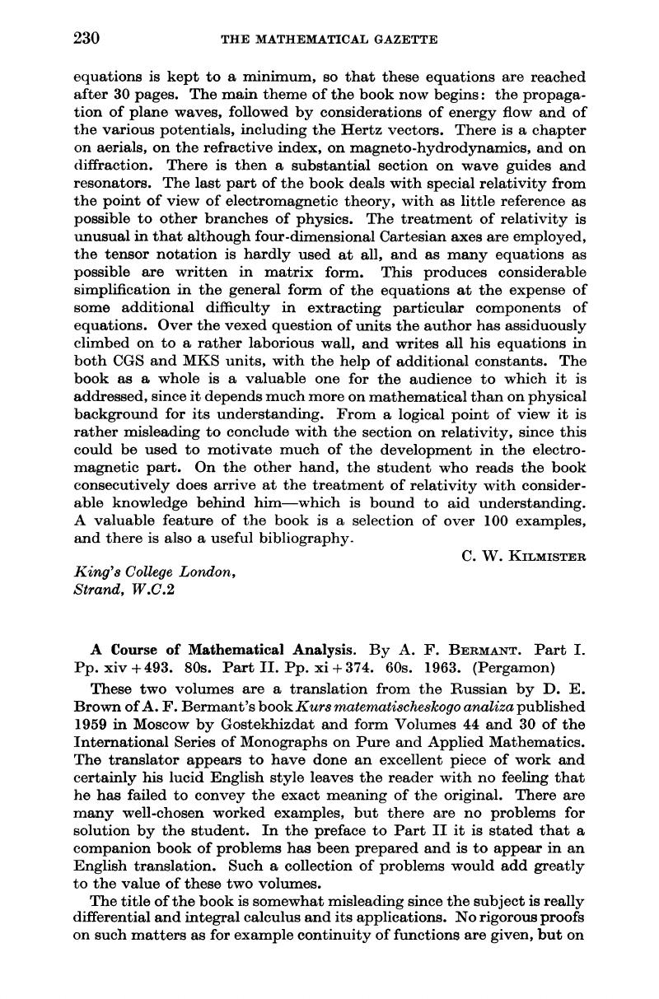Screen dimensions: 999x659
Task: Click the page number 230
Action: point(87,38)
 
